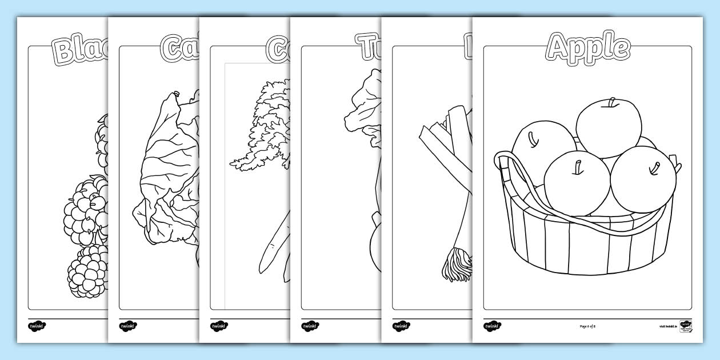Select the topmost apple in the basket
[x=609, y=127]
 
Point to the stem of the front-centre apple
[x=578, y=166]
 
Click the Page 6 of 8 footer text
[x=587, y=326]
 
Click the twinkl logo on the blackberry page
[x=37, y=326]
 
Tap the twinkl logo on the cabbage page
[x=128, y=326]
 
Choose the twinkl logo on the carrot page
[x=219, y=326]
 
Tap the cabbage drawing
[x=166, y=171]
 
